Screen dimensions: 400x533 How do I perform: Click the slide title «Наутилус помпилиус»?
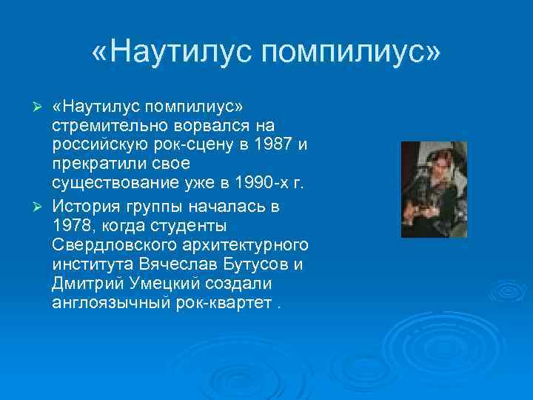266,53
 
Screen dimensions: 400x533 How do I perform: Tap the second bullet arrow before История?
41,204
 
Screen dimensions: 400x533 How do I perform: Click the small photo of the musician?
434,190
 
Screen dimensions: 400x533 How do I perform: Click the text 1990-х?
258,182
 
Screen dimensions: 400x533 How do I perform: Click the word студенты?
184,224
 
